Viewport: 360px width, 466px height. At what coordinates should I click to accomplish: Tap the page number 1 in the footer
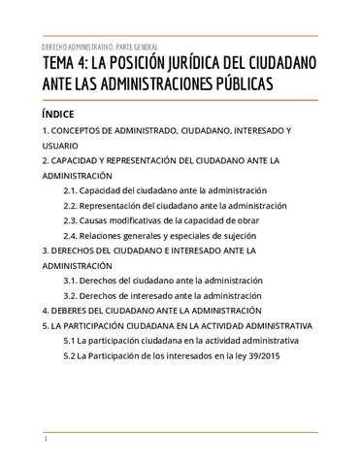click(x=46, y=440)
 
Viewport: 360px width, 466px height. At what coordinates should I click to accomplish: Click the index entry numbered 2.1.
click(x=164, y=190)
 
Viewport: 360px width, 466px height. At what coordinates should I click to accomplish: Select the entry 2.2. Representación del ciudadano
click(x=175, y=206)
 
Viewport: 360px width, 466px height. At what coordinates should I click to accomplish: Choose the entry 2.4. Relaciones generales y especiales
click(x=164, y=235)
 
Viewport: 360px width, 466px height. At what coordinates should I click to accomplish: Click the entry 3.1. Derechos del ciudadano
click(x=162, y=281)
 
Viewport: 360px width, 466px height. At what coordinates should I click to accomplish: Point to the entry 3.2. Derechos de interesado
click(x=162, y=295)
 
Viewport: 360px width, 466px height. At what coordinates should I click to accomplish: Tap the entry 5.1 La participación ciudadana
click(x=187, y=341)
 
